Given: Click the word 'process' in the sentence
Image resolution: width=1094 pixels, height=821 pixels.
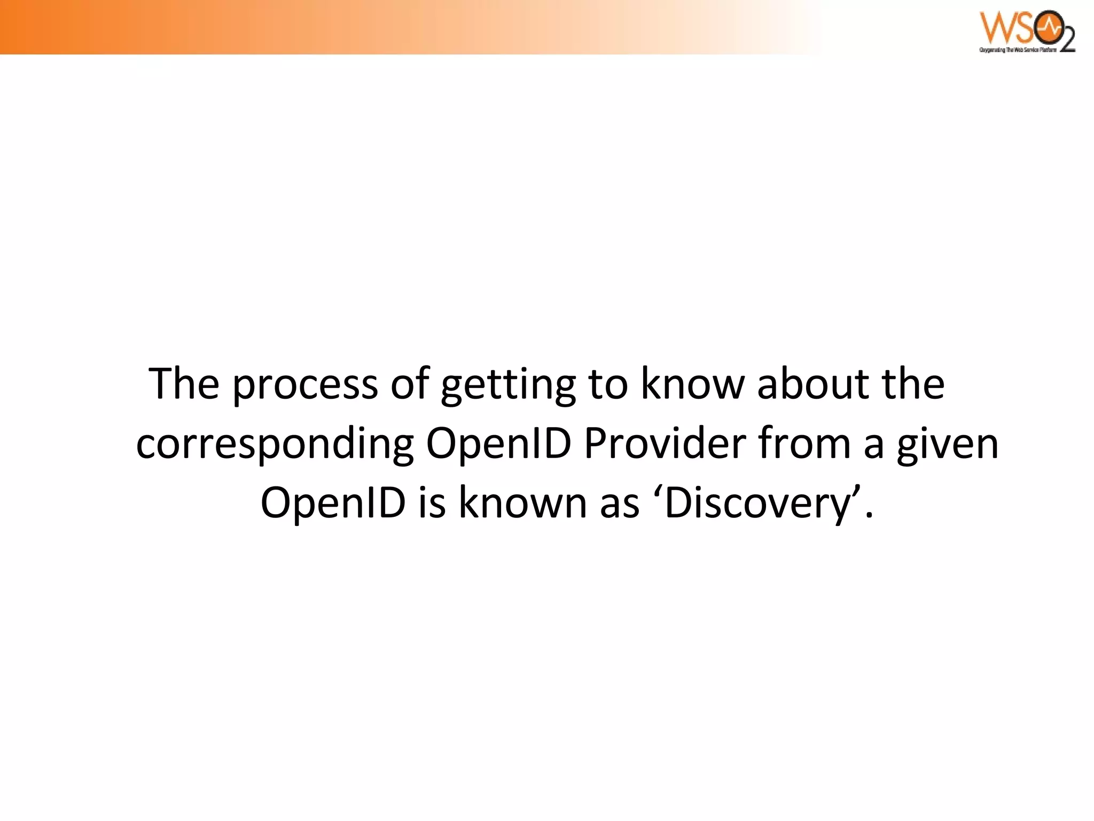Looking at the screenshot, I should (305, 385).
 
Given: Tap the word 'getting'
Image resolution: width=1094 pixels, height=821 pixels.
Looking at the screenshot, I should (508, 385).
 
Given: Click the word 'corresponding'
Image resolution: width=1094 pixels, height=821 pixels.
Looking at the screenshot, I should (275, 445).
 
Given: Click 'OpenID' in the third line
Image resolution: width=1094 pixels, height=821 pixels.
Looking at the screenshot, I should (333, 504).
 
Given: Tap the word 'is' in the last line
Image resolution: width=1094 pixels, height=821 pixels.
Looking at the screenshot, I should (432, 504).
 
